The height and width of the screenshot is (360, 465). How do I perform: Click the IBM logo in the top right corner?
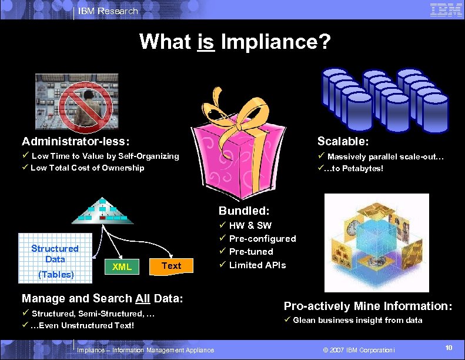[x=446, y=10]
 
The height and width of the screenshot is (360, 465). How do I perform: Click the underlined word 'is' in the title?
[x=206, y=42]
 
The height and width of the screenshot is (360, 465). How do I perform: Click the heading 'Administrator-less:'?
[x=76, y=141]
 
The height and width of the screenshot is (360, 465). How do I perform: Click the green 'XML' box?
[x=122, y=267]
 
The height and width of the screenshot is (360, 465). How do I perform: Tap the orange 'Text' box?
[x=171, y=266]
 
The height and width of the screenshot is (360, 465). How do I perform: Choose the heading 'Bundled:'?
[x=244, y=210]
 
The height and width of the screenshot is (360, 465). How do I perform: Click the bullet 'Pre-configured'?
[x=262, y=238]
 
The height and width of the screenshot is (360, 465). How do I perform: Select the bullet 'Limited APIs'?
[x=257, y=265]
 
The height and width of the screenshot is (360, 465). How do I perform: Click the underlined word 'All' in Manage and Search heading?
[x=143, y=298]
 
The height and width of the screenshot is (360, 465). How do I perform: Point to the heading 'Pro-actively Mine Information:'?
[x=367, y=306]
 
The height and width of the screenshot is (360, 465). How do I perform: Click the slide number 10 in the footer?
[x=449, y=349]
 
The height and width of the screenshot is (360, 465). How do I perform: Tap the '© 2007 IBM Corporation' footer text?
[x=359, y=350]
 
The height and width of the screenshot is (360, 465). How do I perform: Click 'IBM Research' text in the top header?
[x=108, y=11]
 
